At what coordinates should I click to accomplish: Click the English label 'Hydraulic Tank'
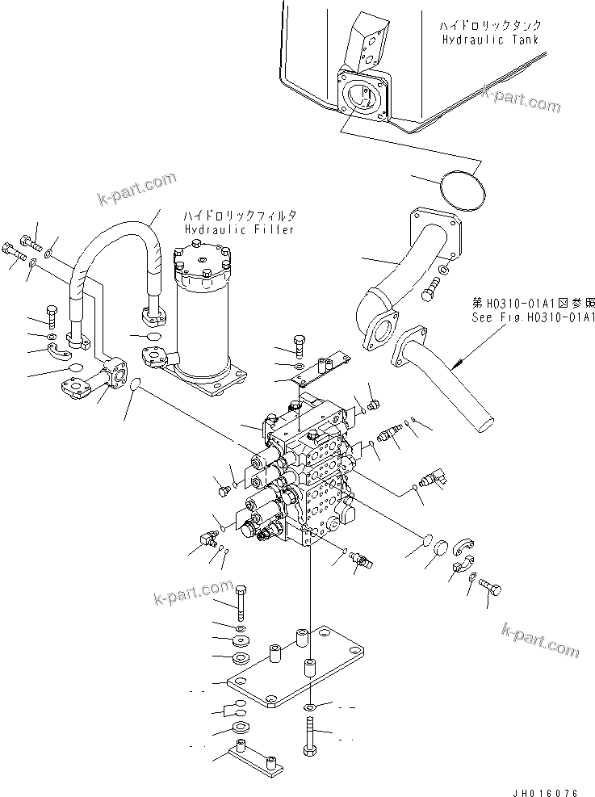(490, 40)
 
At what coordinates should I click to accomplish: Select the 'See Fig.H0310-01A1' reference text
(534, 317)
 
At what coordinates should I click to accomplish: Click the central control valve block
(311, 476)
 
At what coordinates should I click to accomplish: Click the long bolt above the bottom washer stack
(241, 597)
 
